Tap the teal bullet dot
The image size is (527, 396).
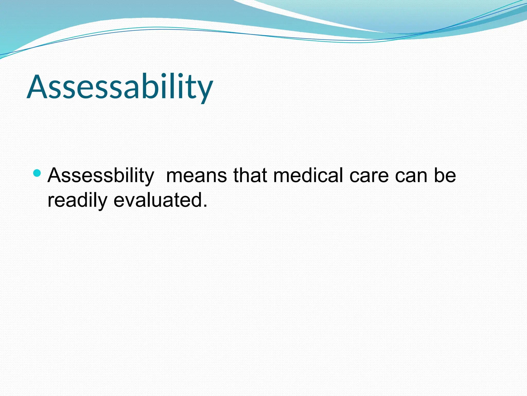click(x=37, y=173)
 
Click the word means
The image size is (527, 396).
click(x=197, y=176)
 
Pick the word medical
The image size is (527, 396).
click(x=308, y=176)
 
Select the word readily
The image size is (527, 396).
click(x=77, y=201)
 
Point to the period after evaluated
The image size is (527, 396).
click(x=205, y=206)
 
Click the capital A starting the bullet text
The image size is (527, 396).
click(x=55, y=176)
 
